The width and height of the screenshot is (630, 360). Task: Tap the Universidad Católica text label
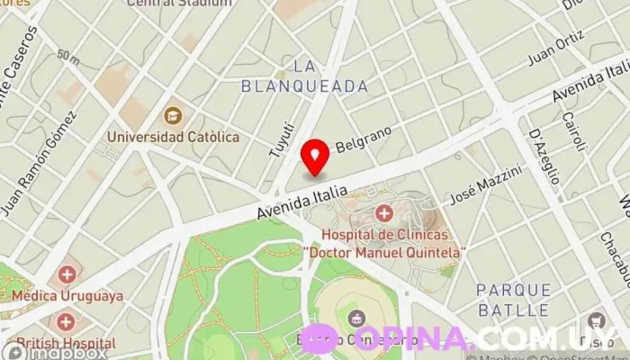(174, 137)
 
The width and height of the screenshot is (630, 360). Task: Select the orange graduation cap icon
(173, 115)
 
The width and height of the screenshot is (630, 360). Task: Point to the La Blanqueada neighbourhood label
(305, 76)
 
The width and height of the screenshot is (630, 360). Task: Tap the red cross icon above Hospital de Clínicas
(384, 213)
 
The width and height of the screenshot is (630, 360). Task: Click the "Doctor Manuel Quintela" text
(384, 253)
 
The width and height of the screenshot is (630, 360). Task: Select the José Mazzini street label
(486, 183)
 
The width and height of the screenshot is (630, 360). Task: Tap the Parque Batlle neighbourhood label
(513, 300)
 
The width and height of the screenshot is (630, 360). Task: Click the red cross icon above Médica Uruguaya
(67, 274)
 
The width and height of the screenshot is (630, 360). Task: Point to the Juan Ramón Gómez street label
(38, 164)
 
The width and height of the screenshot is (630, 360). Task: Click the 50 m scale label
(67, 56)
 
